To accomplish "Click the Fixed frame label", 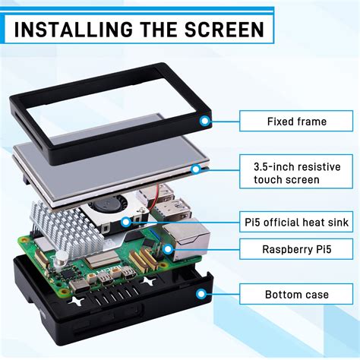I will pyautogui.click(x=296, y=121).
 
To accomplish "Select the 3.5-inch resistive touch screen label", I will pyautogui.click(x=296, y=172).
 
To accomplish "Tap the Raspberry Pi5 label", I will pyautogui.click(x=296, y=248).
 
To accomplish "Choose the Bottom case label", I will pyautogui.click(x=296, y=294).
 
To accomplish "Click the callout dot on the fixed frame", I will pyautogui.click(x=204, y=121).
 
